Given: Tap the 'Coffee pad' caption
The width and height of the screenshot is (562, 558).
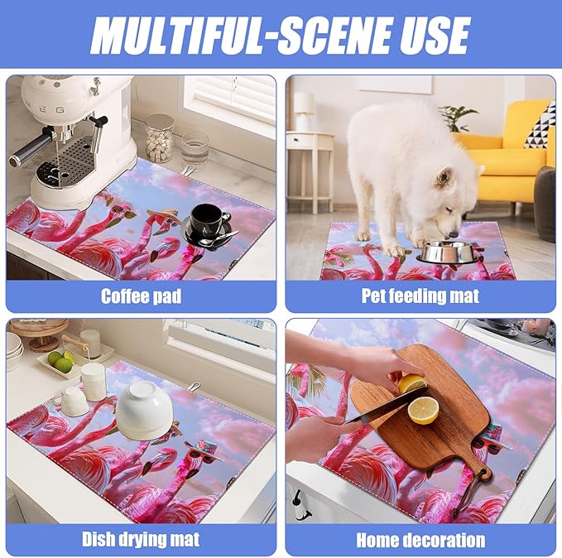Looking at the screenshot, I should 140,296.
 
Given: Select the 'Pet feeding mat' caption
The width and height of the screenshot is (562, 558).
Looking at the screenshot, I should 420,296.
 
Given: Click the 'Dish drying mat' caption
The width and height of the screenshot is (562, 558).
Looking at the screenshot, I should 140,540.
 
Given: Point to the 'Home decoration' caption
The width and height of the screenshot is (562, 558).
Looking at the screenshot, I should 420,540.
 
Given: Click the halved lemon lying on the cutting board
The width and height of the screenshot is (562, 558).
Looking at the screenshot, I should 424,410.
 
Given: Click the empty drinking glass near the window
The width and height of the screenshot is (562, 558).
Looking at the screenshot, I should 195,151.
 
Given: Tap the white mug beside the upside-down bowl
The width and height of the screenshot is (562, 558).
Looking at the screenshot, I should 75,402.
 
